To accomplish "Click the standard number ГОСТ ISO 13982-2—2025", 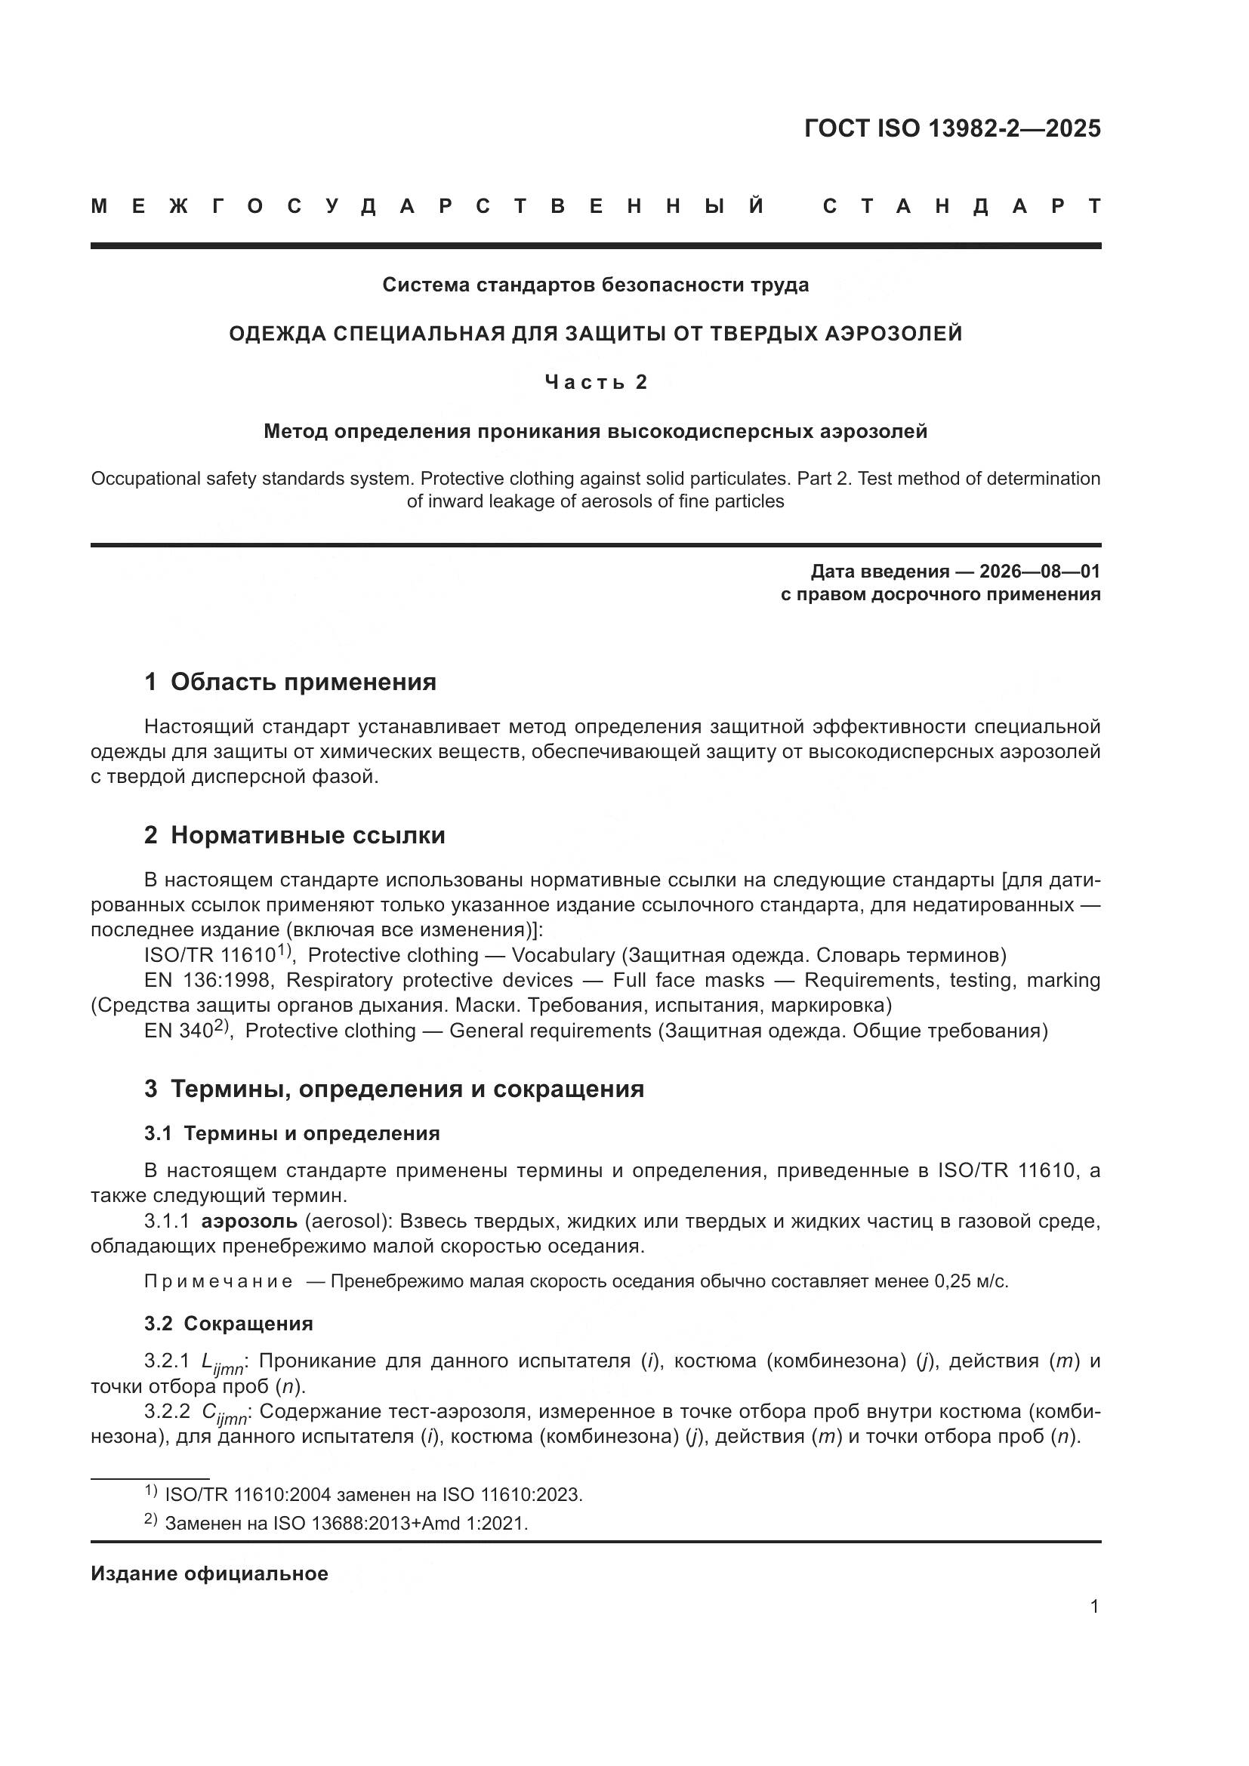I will coord(952,128).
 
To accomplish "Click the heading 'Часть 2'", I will coord(596,382).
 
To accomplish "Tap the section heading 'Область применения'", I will coord(303,682).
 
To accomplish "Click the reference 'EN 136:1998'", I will coord(207,980).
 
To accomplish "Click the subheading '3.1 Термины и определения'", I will coord(291,1133).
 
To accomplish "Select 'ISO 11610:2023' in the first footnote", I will coord(511,1494).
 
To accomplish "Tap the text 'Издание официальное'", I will coord(209,1573).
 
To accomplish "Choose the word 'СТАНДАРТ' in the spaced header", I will coord(961,206).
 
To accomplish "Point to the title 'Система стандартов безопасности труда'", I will coord(595,285).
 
